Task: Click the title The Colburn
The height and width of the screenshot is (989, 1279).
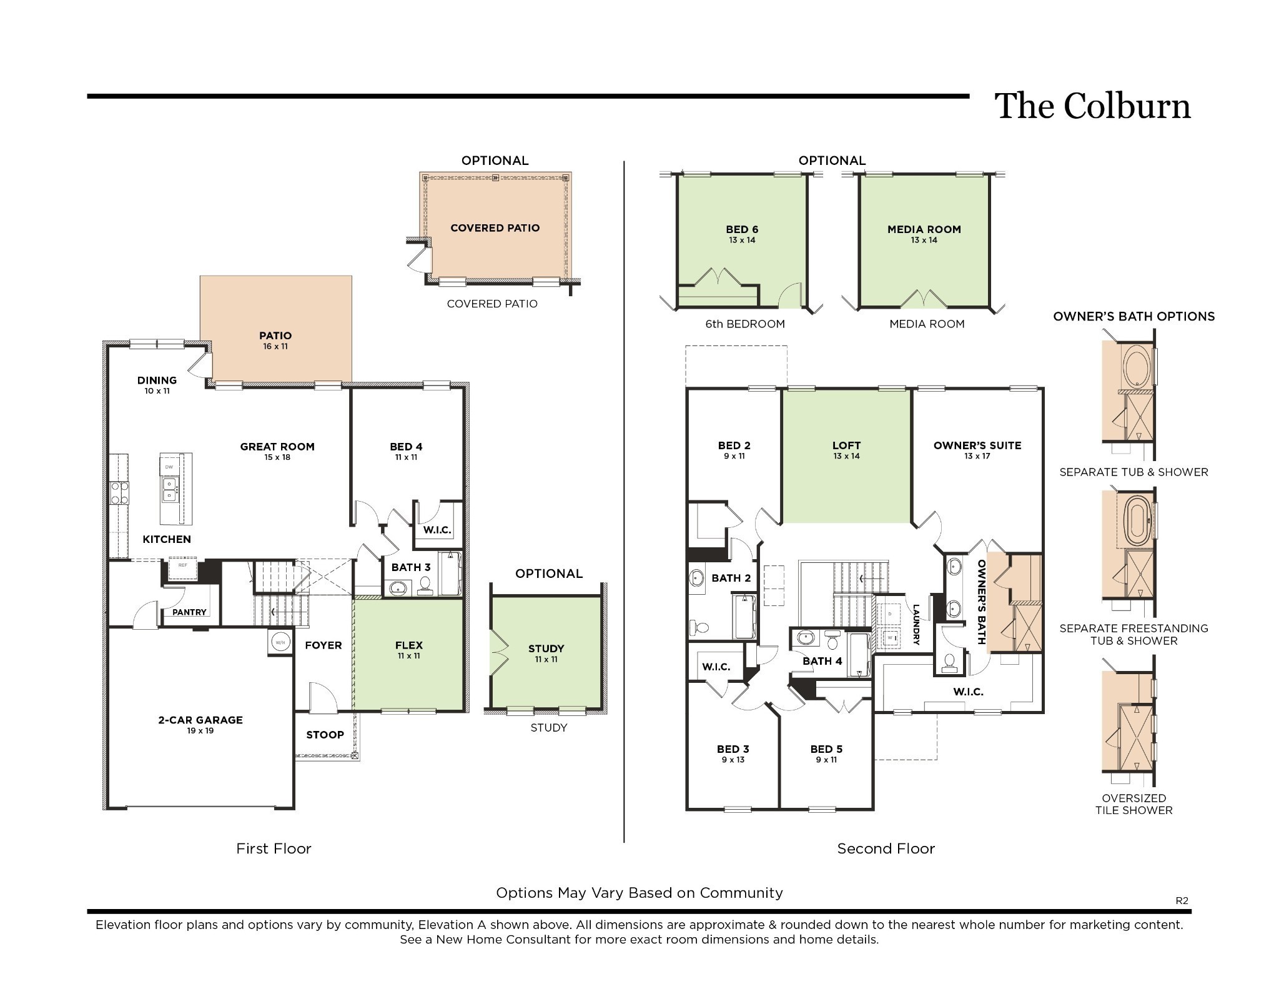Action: coord(1092,106)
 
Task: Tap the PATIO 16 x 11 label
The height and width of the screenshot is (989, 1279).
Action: coord(275,340)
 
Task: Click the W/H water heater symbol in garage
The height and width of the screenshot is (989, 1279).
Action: coord(280,642)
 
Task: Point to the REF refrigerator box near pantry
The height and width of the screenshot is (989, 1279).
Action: coord(183,565)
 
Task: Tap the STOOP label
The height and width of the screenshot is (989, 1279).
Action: coord(325,735)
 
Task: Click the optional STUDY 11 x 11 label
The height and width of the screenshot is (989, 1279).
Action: coord(546,653)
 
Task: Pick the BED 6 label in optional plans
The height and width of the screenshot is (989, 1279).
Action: coord(742,234)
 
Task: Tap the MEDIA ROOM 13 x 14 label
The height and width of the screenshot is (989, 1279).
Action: coord(924,234)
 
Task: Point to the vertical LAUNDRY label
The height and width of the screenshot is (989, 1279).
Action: coord(916,624)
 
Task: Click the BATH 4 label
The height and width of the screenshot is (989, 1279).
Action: coord(822,661)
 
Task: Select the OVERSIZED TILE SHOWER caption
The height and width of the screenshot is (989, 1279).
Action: coord(1133,804)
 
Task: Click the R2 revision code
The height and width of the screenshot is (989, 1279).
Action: coord(1182,900)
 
